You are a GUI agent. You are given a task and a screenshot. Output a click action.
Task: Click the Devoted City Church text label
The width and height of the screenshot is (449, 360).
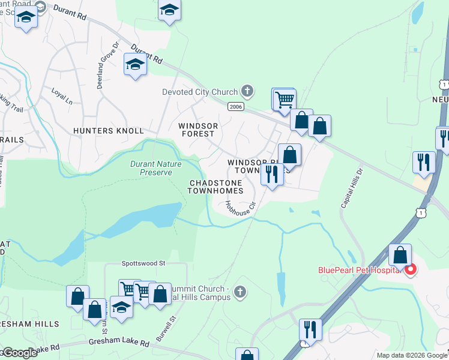[200, 92]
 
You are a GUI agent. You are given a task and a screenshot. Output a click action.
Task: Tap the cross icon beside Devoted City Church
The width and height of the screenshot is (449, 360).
[246, 91]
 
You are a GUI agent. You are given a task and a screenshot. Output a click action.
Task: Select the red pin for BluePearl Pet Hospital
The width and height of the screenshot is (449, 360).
[411, 270]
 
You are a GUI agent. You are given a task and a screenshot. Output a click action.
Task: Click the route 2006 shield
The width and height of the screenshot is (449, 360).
[235, 106]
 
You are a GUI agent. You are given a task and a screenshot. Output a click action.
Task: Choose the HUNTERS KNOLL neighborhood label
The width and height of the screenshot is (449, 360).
[109, 131]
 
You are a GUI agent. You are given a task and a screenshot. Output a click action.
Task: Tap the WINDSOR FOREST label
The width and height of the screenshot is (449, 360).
[197, 130]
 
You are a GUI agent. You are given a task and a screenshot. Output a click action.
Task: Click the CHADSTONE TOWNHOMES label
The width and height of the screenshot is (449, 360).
[216, 187]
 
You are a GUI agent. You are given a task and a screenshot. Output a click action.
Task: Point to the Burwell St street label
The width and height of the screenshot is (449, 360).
[164, 329]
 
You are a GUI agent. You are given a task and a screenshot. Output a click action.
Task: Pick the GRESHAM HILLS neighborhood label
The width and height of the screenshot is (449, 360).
[30, 324]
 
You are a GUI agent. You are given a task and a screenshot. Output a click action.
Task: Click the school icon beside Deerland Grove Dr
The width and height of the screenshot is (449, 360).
[135, 64]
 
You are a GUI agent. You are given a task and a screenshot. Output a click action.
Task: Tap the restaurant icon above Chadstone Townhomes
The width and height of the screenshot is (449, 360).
[272, 174]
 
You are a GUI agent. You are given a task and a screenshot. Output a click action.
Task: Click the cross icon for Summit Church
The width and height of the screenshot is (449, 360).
[239, 292]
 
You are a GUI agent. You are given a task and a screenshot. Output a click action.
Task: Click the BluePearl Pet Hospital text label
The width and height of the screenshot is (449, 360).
[358, 270]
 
